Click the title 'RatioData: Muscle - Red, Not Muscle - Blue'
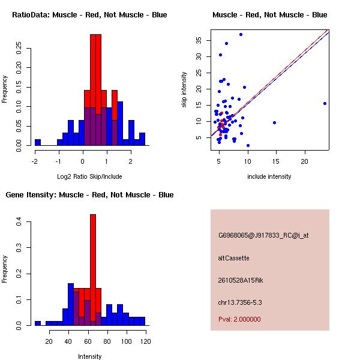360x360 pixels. click(x=89, y=15)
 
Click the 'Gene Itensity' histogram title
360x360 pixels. click(x=89, y=195)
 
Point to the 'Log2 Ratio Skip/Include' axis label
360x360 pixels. click(x=89, y=176)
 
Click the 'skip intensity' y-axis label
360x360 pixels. click(x=185, y=90)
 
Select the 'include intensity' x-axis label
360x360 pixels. click(x=269, y=176)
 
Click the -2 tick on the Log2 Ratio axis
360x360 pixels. click(x=35, y=161)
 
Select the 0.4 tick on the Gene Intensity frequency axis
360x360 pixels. click(x=19, y=222)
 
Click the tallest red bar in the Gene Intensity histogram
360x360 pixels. click(x=93, y=270)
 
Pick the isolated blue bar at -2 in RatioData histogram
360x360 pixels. click(x=37, y=142)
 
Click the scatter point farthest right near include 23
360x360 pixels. click(x=325, y=103)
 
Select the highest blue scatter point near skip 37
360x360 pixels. click(x=241, y=34)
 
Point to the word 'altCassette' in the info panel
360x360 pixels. click(x=233, y=258)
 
